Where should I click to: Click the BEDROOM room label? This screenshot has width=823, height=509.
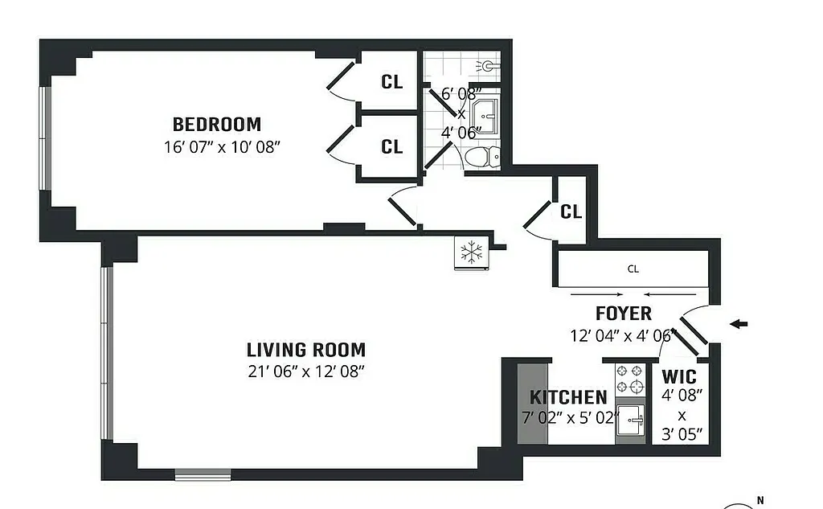point(217,125)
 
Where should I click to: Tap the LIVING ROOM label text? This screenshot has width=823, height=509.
point(305,350)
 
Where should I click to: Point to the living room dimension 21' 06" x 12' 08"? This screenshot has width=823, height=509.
point(305,371)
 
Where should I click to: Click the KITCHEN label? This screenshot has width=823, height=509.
point(568,397)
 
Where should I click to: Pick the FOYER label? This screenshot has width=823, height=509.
point(623,314)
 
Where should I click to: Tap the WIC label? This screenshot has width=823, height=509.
point(679,376)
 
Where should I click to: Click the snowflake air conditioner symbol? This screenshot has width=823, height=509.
point(469,252)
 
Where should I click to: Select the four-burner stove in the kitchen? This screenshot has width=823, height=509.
point(630,379)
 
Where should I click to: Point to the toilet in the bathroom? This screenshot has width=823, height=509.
point(481,156)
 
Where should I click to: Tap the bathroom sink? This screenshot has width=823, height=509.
point(485,113)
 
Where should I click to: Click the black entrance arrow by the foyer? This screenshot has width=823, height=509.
point(739,324)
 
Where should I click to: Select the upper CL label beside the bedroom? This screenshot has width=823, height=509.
point(391,82)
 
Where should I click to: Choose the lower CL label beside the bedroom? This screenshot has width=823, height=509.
point(391,147)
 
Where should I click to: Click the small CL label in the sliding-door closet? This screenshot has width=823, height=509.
point(633,269)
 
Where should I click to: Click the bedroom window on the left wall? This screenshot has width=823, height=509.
point(47,138)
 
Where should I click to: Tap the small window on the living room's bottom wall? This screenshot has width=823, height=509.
point(203,474)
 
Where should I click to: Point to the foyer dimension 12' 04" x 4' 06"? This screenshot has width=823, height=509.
point(620,335)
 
